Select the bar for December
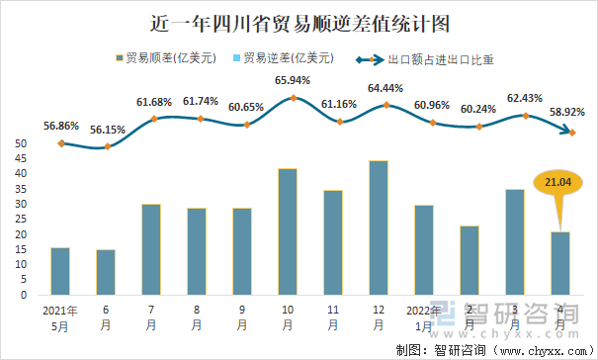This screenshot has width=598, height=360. (x=379, y=227)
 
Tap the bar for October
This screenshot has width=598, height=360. (x=288, y=231)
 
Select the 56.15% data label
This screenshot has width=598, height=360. (x=107, y=129)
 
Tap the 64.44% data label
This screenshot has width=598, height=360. (x=384, y=88)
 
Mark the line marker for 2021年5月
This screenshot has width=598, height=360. (x=61, y=143)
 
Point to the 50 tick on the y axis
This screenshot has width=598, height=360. (x=21, y=143)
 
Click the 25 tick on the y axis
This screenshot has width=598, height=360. (x=21, y=220)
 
